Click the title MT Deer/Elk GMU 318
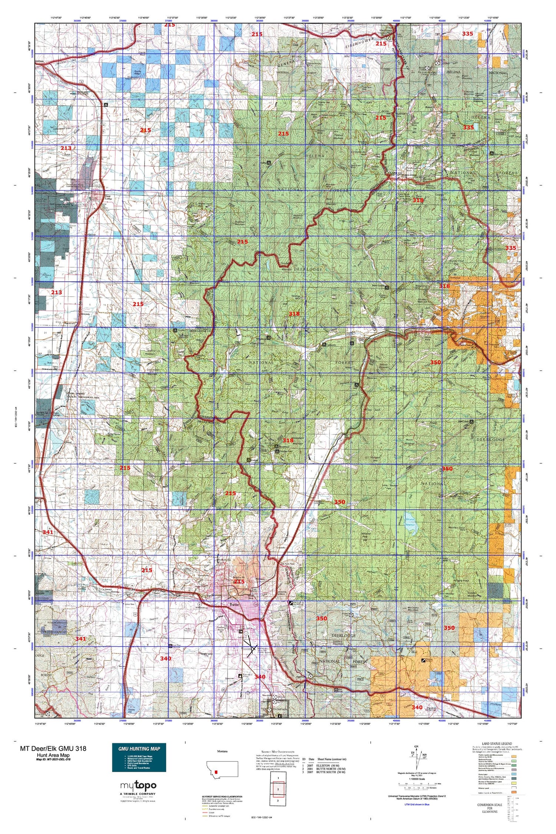pyautogui.click(x=53, y=748)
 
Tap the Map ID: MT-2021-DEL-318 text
pyautogui.click(x=53, y=759)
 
